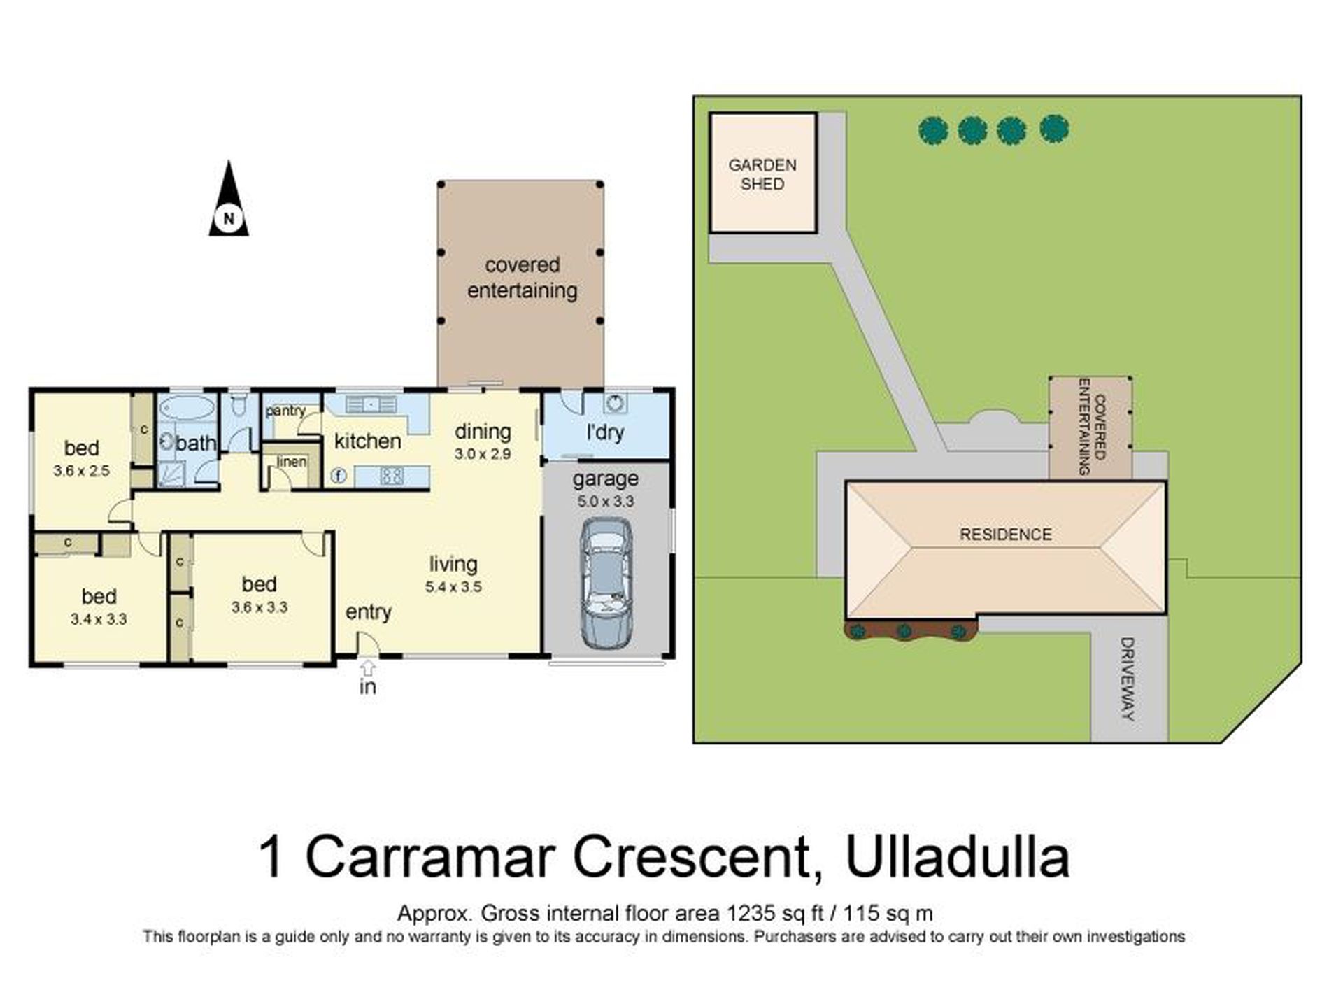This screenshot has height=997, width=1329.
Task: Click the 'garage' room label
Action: pos(605,479)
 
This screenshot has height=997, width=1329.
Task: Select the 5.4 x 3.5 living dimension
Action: pos(453,587)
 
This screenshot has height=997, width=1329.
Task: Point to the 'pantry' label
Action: pos(285,411)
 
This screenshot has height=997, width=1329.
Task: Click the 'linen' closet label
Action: pos(292,462)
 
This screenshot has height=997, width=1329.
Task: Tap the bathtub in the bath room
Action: pos(186,409)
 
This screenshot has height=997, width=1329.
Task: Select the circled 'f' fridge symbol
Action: pos(339,476)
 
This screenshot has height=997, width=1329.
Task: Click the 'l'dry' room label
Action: pos(604,432)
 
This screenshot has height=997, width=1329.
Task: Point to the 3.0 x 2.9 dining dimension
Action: pos(483,454)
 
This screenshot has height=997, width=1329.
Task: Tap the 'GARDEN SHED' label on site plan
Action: pos(762,174)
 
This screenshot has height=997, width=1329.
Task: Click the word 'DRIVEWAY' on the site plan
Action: pos(1127,679)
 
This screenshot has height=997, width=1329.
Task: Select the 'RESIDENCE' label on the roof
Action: pos(1005,535)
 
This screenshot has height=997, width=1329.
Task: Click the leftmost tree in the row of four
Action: pos(933,131)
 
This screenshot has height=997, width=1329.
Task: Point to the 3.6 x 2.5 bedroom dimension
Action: pos(81,471)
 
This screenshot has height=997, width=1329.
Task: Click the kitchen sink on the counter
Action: pos(370,404)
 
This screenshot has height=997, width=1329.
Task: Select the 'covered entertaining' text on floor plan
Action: pos(522,278)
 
